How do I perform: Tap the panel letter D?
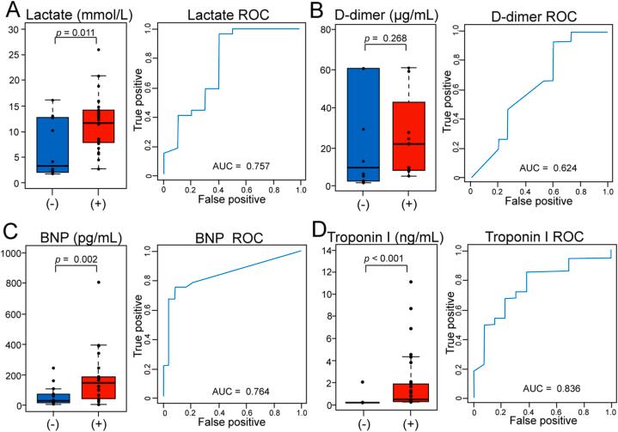[322, 229]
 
